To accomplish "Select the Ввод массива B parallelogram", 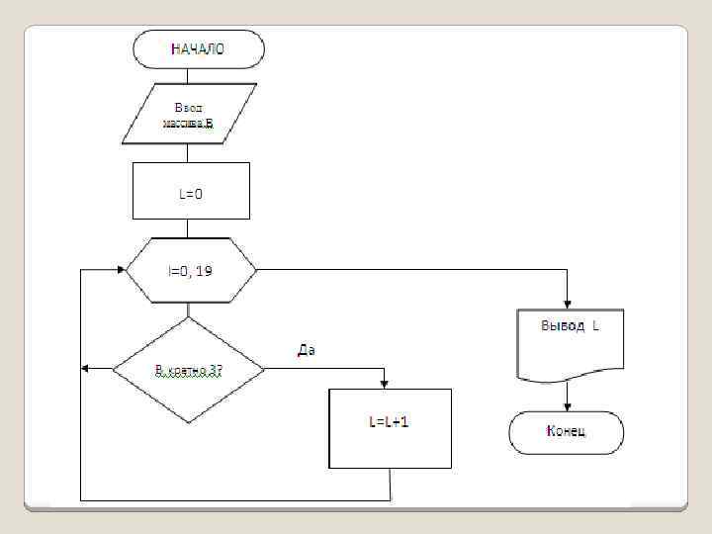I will coord(188,114).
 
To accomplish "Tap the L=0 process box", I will coord(191,191).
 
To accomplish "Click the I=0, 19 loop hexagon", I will coord(190,269).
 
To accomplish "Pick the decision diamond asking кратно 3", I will coord(188,370).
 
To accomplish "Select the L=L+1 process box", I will coord(389,427).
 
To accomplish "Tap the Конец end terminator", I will coord(566,431).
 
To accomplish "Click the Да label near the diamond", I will coord(306,349).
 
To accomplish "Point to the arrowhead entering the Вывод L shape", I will coord(568,303).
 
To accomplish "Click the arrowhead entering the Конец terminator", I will coord(568,404).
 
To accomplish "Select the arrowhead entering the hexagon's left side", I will coord(121,269).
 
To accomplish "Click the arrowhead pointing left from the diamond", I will coord(86,368).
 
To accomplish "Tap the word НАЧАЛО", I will coord(198,48).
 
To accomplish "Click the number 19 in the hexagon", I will coord(203,270).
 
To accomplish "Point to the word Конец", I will coord(566,431).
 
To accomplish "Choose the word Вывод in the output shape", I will coord(560,325).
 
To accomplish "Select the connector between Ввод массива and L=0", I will coord(188,153).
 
